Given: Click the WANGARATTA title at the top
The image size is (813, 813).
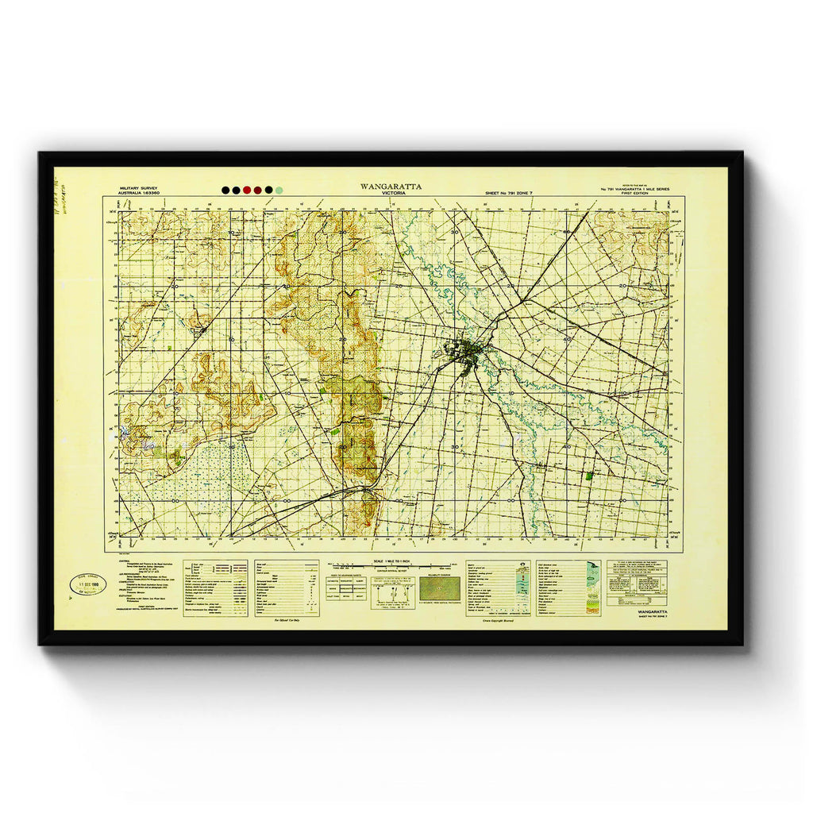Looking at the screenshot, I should [391, 187].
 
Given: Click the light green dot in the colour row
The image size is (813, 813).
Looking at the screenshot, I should [279, 191].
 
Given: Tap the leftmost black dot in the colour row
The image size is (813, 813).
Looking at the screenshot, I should [226, 191].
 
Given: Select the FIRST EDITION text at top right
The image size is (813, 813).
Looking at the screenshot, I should [635, 194].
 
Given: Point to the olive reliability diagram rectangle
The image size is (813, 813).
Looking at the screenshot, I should [439, 588].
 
